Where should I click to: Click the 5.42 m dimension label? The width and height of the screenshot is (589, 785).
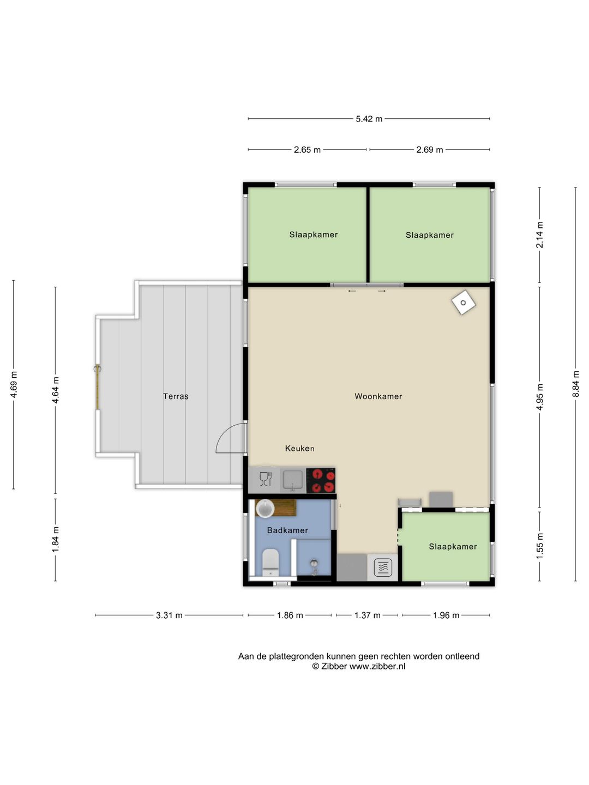coord(369,119)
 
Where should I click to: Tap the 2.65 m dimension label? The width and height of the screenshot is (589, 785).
coord(307,150)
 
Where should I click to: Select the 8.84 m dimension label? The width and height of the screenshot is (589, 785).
coord(575,384)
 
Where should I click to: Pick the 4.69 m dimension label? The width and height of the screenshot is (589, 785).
coord(14,384)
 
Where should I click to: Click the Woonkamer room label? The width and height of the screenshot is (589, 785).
coord(378,396)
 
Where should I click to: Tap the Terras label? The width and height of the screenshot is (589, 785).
coord(176,396)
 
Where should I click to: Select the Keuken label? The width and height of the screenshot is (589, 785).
coord(300,449)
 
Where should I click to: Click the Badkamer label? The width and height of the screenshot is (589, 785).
coord(287,530)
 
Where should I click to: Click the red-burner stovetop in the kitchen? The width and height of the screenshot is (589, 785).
coord(321,480)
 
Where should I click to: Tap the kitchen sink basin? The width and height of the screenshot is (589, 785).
coord(293,480)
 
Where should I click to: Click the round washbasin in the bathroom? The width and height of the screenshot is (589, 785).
coord(265,509)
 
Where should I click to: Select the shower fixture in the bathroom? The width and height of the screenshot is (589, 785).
coord(314,566)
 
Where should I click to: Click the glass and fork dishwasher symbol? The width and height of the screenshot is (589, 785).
coord(266,479)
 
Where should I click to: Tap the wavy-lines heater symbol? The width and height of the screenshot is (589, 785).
coord(383,567)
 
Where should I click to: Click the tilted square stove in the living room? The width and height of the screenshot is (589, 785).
coord(464,303)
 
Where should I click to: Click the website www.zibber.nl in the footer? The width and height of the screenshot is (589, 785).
coord(377,666)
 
